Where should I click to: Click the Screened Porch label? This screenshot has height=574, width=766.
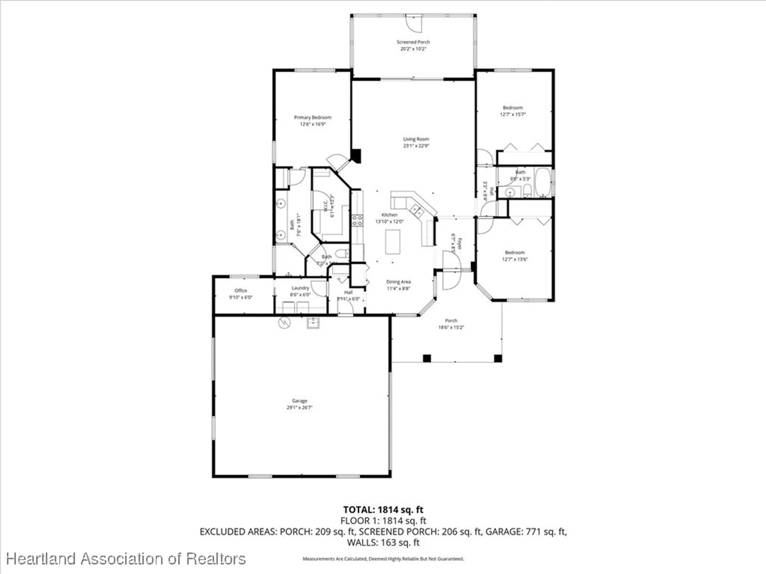(x=413, y=42)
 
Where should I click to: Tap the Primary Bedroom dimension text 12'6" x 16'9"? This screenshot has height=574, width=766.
(x=313, y=124)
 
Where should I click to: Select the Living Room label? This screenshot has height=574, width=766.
(x=416, y=139)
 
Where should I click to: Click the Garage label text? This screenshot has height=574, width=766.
(x=300, y=401)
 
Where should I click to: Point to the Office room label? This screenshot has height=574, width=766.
(x=241, y=291)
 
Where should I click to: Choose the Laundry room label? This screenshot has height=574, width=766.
(x=300, y=288)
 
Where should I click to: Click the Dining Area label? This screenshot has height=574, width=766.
(x=398, y=282)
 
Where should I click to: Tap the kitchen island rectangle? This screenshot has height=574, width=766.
(x=393, y=241)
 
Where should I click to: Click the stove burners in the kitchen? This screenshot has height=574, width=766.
(x=357, y=220)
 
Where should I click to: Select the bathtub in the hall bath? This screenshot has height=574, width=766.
(x=542, y=182)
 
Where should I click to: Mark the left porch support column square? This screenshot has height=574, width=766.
(x=427, y=358)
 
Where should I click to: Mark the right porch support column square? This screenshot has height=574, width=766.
(x=498, y=358)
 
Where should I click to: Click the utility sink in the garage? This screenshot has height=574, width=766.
(x=313, y=323)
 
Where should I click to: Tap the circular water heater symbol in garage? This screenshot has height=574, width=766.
(x=284, y=323)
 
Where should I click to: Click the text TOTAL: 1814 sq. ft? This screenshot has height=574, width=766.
(x=383, y=510)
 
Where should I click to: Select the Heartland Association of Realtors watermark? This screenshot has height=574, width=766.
(x=126, y=559)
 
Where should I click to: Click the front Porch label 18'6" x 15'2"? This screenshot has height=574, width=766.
(x=451, y=324)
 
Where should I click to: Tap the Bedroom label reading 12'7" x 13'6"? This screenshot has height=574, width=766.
(x=514, y=259)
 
